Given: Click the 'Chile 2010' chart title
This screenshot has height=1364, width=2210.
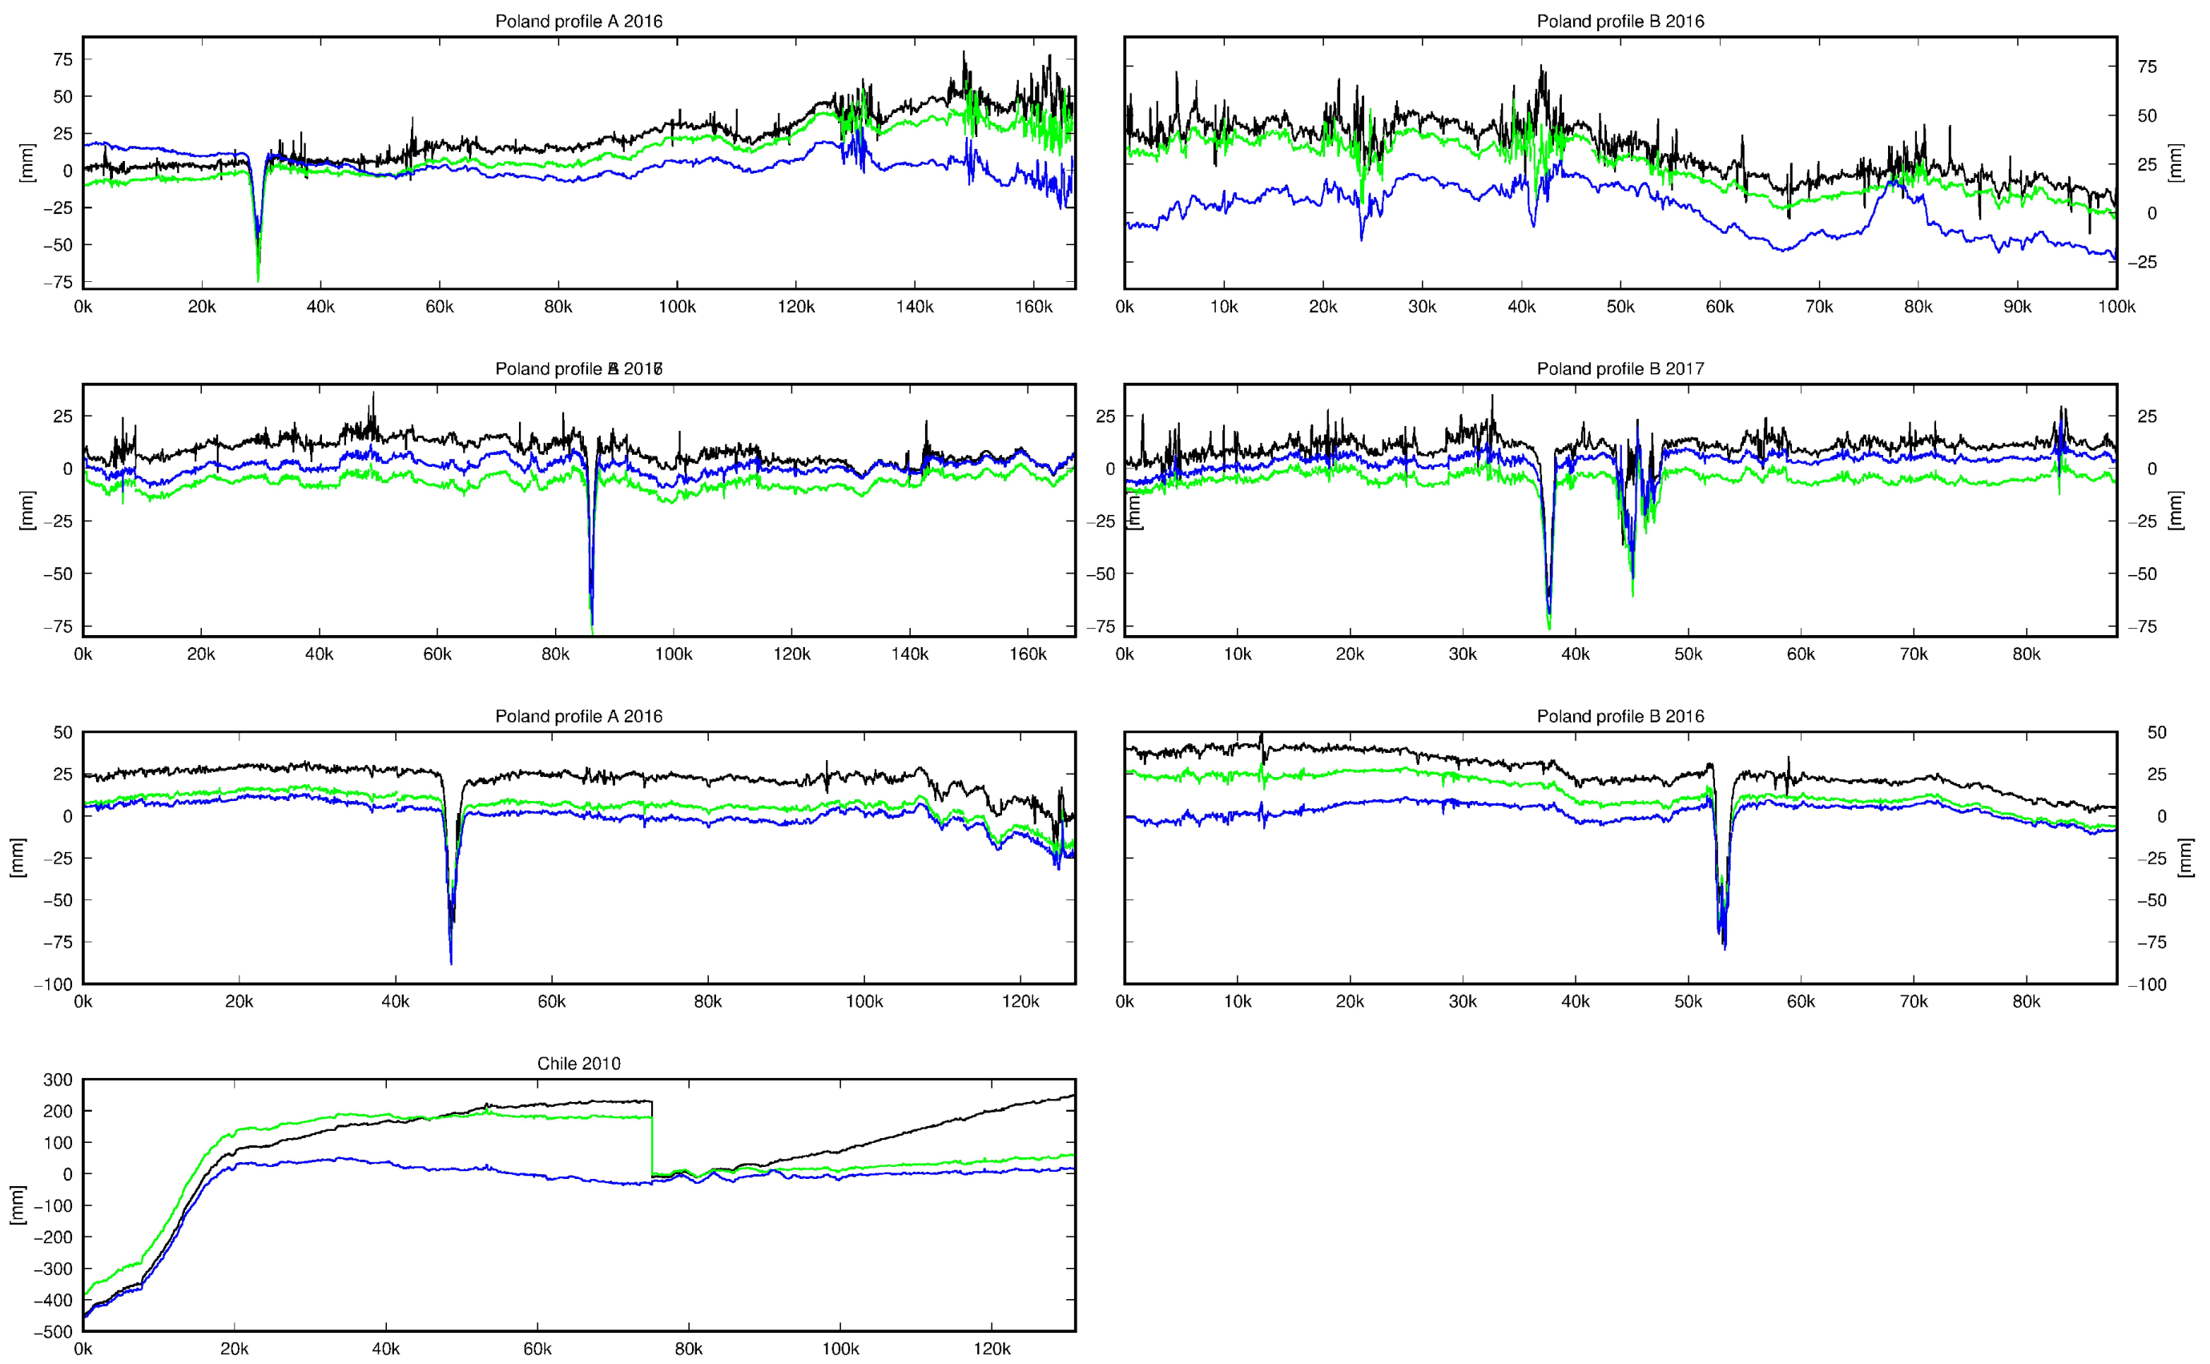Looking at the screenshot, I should [578, 1063].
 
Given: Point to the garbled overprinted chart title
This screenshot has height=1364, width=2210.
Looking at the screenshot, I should [578, 368].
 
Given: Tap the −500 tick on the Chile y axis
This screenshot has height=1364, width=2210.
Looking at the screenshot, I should [57, 1331].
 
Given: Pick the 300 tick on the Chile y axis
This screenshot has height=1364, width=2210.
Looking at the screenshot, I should [58, 1080].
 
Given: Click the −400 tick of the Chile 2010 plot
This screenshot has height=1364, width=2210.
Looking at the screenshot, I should [57, 1300].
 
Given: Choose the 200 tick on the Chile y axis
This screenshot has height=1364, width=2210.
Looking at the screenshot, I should [58, 1112].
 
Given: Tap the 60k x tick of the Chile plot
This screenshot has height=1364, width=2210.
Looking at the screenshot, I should [537, 1349].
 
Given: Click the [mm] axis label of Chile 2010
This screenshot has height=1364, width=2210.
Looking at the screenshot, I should [17, 1205].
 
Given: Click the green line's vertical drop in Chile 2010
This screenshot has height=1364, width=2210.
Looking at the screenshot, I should [652, 1145].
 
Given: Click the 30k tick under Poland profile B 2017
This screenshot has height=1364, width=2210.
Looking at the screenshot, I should [1462, 654].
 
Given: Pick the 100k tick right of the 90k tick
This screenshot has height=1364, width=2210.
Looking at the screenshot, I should [2115, 307].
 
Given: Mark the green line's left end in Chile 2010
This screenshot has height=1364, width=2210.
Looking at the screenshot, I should [86, 1295].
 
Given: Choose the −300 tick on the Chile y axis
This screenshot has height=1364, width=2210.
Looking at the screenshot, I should [57, 1269].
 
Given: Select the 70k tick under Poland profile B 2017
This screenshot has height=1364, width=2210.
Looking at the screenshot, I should [1914, 654].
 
